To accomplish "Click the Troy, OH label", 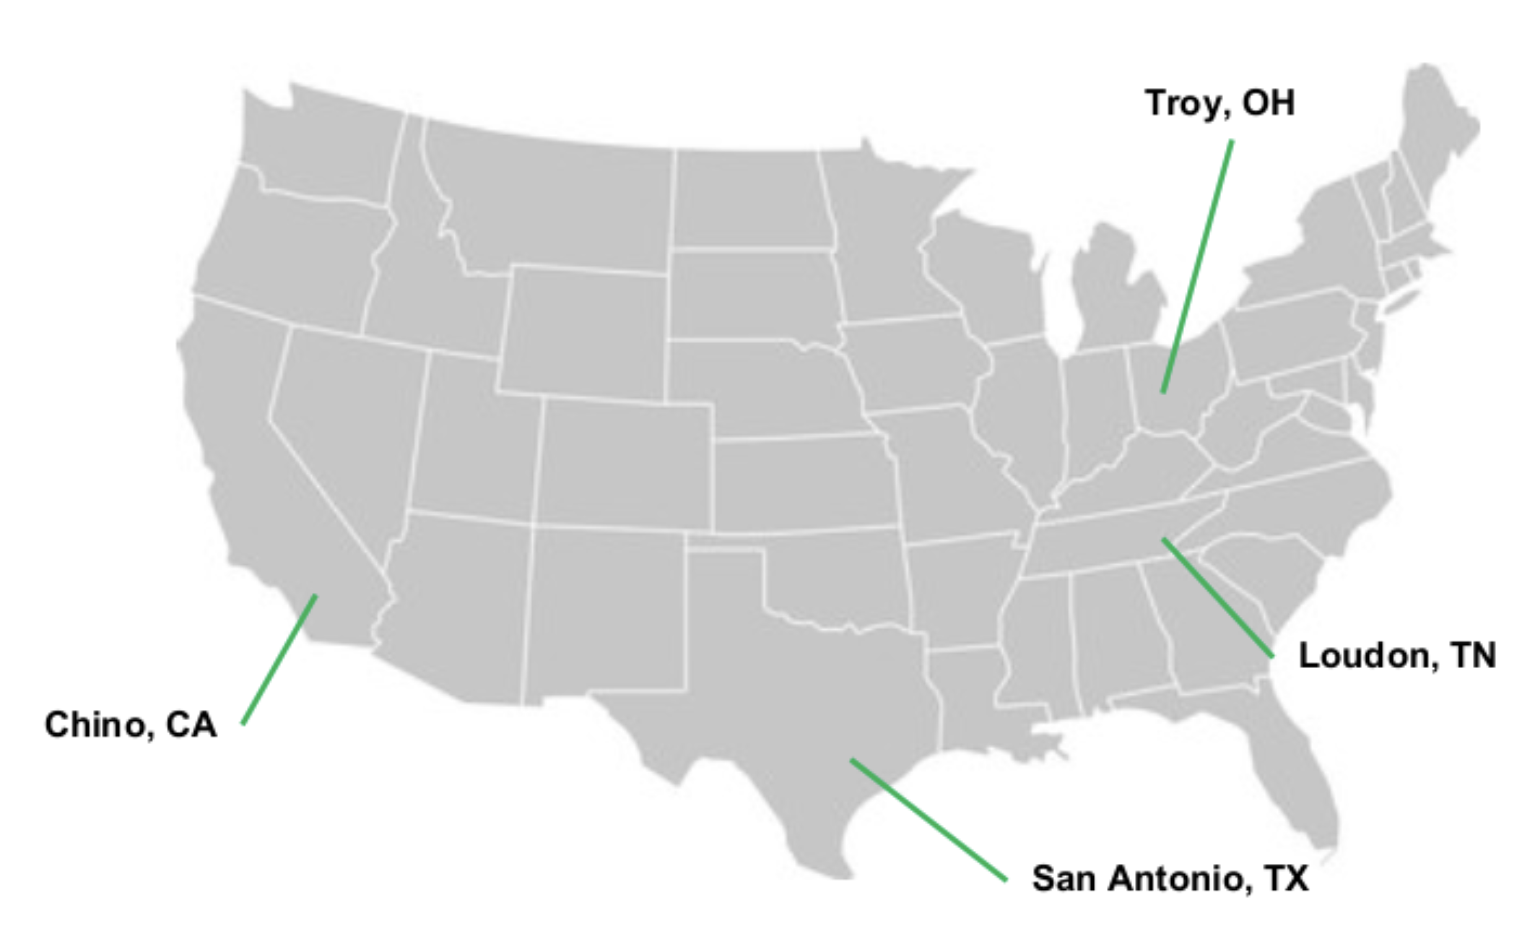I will pos(1219,103).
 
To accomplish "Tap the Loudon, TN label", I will pos(1397,656).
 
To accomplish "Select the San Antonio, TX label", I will pos(1170,879).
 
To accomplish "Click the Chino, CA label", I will pos(131,724).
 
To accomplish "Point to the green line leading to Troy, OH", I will pos(1197,267).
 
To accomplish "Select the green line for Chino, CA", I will pos(279,659).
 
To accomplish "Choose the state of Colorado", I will pos(625,462).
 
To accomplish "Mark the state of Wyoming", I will pos(585,332).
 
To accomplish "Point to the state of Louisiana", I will pos(967,701).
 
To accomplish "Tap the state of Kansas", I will pos(801,484).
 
